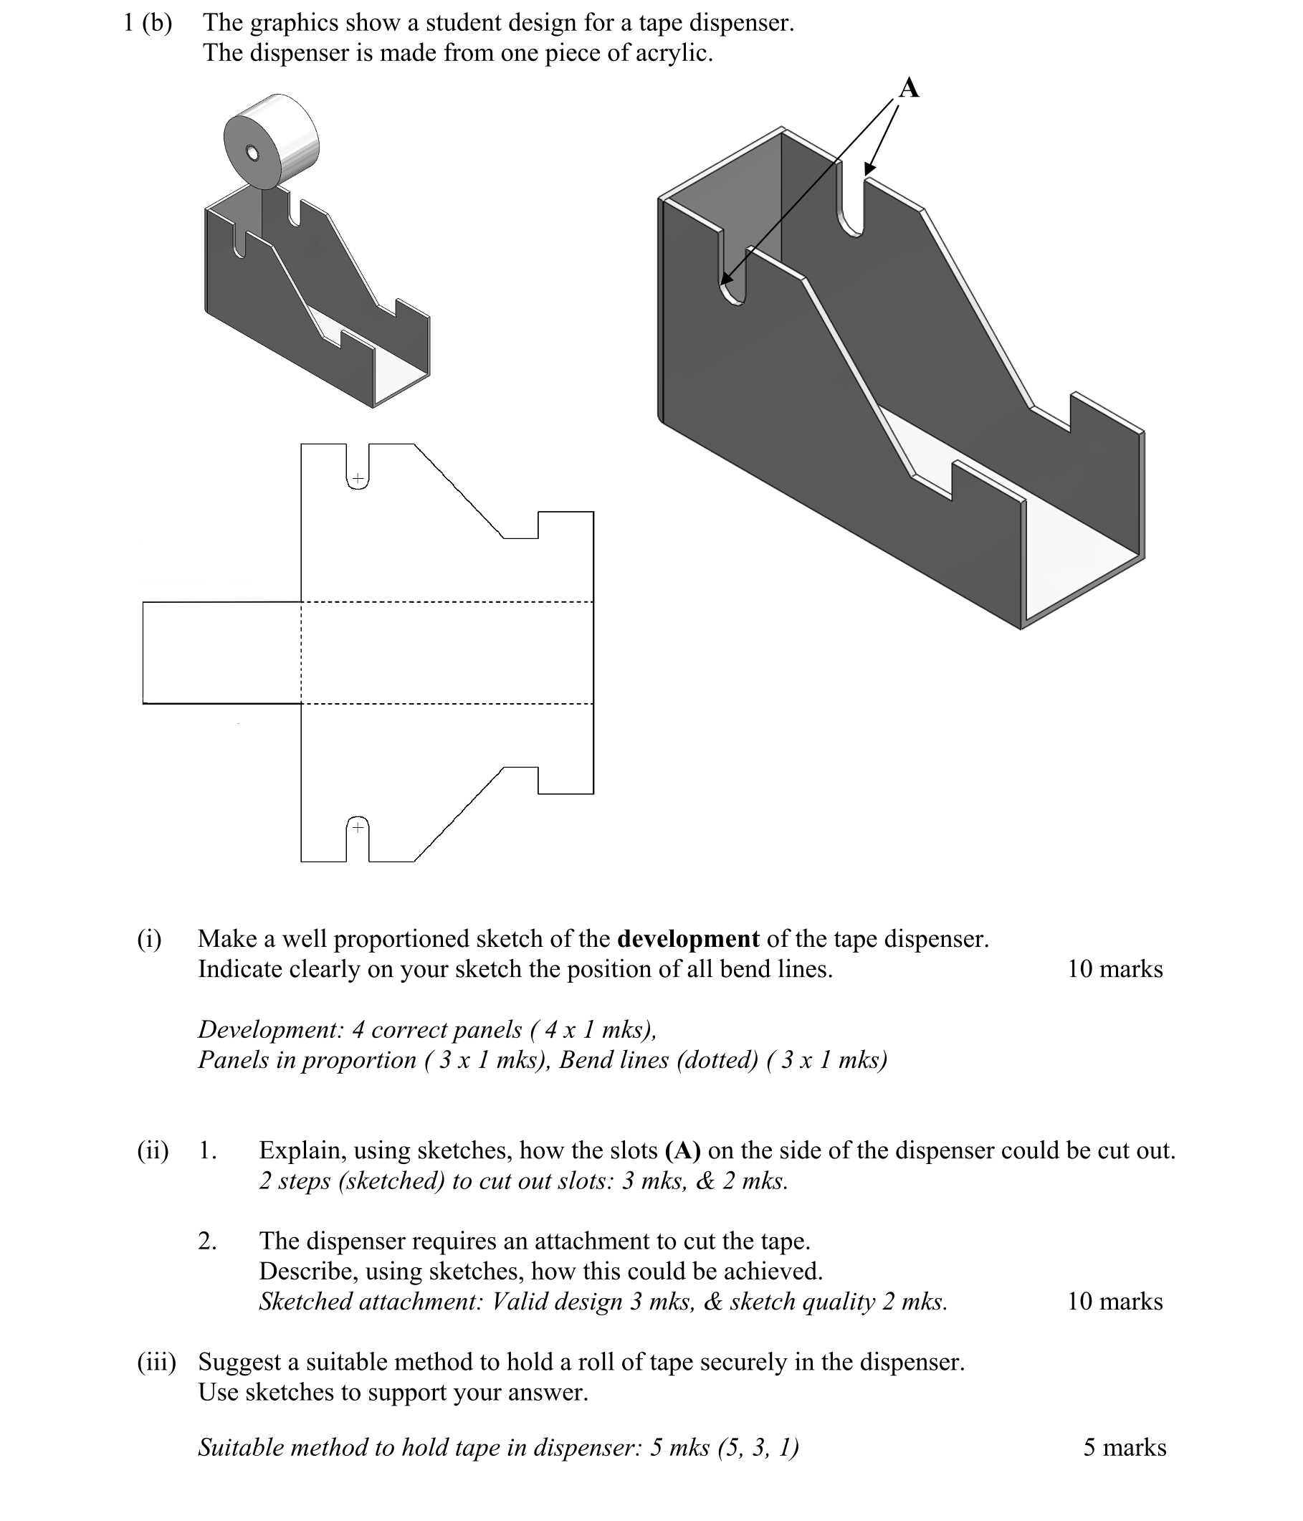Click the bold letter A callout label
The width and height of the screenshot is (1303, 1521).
[x=908, y=88]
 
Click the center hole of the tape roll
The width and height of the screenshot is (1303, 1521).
[x=252, y=153]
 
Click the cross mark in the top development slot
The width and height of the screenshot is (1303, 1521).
[x=358, y=479]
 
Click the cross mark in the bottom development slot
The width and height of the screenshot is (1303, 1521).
[x=358, y=827]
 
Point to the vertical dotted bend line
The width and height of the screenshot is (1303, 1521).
[x=301, y=652]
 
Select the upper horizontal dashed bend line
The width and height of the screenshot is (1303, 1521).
[x=448, y=602]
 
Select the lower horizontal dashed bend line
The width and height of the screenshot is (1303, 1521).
[x=448, y=703]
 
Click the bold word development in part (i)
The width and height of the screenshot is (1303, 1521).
[x=688, y=939]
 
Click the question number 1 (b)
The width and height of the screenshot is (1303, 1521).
[x=148, y=23]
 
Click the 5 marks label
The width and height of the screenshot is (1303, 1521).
[x=1124, y=1447]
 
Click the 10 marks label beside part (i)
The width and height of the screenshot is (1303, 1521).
[x=1115, y=969]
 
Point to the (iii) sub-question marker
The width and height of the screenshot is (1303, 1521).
[x=156, y=1362]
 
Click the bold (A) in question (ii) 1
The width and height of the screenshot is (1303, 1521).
[x=683, y=1150]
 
